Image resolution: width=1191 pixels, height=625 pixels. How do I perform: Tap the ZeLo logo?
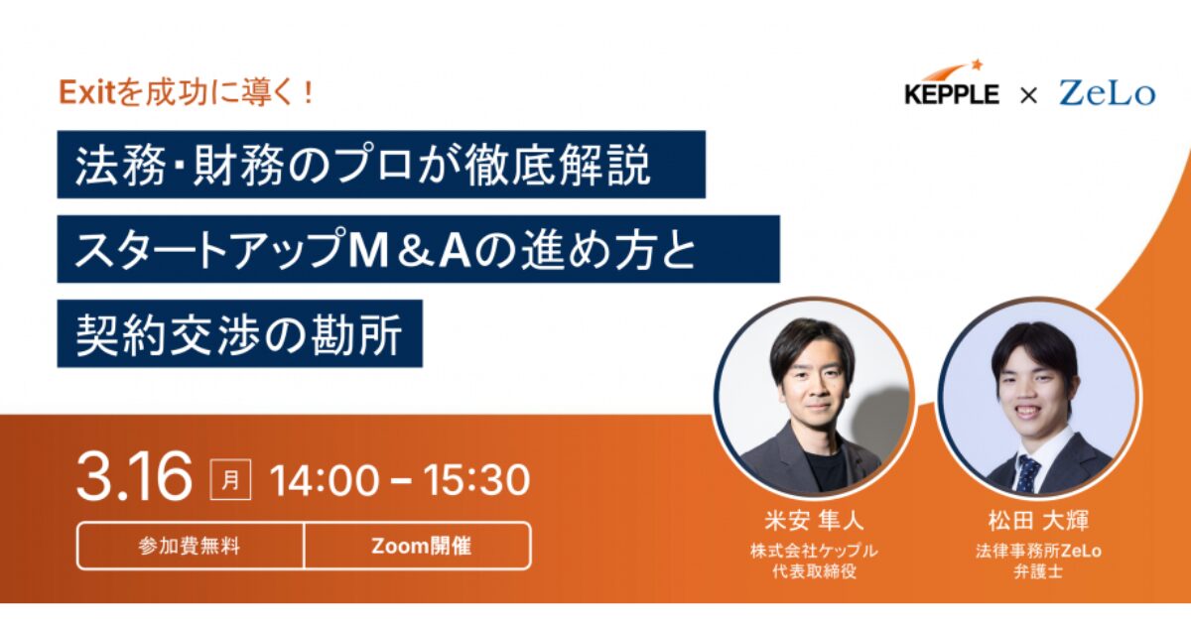pyautogui.click(x=1107, y=93)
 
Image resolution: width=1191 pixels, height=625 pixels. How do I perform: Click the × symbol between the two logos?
pyautogui.click(x=1029, y=95)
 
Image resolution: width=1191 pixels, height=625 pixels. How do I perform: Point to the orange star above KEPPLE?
pyautogui.click(x=977, y=64)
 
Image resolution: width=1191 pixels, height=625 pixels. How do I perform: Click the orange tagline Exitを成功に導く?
pyautogui.click(x=187, y=92)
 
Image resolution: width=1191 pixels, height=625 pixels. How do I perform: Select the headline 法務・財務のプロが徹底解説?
pyautogui.click(x=362, y=165)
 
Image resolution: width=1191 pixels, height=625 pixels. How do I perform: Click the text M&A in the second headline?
pyautogui.click(x=409, y=249)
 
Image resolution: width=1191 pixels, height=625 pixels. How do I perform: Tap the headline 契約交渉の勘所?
pyautogui.click(x=239, y=333)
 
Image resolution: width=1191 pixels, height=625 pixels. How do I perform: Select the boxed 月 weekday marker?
pyautogui.click(x=230, y=479)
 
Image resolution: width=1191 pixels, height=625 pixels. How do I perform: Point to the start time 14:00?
pyautogui.click(x=325, y=480)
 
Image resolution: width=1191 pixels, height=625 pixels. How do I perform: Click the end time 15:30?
pyautogui.click(x=476, y=480)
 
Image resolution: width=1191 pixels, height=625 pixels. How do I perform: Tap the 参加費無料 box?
pyautogui.click(x=191, y=546)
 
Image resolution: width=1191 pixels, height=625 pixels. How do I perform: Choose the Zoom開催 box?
pyautogui.click(x=418, y=546)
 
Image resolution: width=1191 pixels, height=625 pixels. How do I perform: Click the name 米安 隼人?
pyautogui.click(x=815, y=520)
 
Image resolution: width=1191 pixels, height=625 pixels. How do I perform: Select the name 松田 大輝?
pyautogui.click(x=1038, y=520)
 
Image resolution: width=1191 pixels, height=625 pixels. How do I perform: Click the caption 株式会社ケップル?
pyautogui.click(x=814, y=551)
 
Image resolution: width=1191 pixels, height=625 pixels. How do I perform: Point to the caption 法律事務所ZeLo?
pyautogui.click(x=1038, y=551)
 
